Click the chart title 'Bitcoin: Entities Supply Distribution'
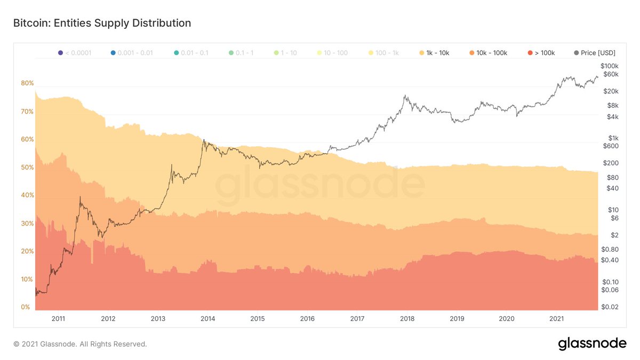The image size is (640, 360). coord(102,23)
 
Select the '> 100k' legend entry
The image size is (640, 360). coord(541,53)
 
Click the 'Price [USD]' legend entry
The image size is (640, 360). coord(595,53)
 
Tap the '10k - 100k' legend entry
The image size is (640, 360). coord(490,53)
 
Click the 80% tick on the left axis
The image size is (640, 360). coord(27,83)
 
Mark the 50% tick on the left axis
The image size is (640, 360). coord(27,167)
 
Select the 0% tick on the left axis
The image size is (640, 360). coord(26,307)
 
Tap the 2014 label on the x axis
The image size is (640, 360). coord(207,319)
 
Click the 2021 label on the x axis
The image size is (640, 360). coord(556,319)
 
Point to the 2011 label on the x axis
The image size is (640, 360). coord(58,319)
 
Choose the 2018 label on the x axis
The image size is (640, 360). coord(407,319)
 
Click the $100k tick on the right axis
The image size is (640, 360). coord(609,65)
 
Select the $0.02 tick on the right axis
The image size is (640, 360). coord(610,307)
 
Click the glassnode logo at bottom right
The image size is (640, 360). coord(592,344)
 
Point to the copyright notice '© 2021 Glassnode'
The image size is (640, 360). coord(80,345)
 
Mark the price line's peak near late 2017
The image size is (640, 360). coord(406,96)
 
